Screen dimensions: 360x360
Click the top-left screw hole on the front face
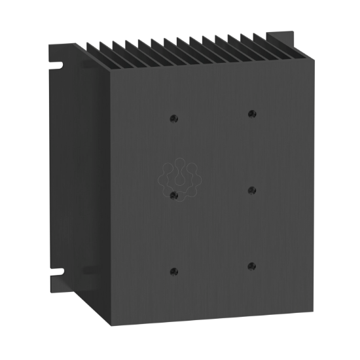pos(174,118)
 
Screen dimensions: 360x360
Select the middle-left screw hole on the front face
pos(174,194)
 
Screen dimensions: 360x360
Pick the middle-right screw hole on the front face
pos(252,190)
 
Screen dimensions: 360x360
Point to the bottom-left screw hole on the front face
pos(174,271)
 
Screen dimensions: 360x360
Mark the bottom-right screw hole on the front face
pos(252,266)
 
